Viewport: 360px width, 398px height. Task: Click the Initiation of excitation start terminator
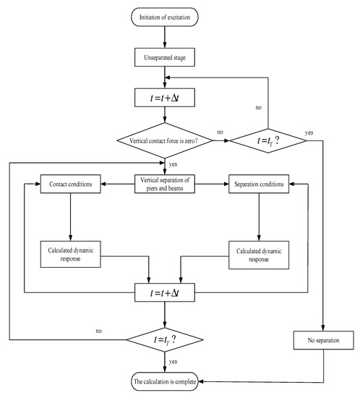[166, 14]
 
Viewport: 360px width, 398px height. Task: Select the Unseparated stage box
[166, 54]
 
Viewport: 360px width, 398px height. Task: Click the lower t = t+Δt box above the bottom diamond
[166, 294]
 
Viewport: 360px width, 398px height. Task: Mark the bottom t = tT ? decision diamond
[166, 338]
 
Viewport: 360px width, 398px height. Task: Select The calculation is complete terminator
[166, 381]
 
